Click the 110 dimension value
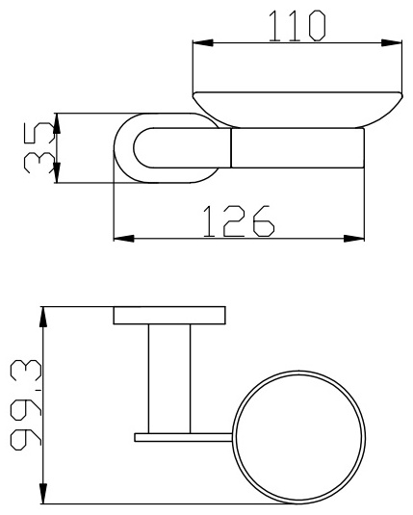[297, 26]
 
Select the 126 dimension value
[238, 221]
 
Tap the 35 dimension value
[39, 148]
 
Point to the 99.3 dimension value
[26, 405]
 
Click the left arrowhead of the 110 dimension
[203, 42]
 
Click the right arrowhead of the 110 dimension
[392, 42]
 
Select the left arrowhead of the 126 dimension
[124, 239]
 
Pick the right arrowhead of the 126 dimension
[354, 239]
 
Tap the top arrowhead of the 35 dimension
[57, 123]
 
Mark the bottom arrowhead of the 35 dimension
[57, 172]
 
